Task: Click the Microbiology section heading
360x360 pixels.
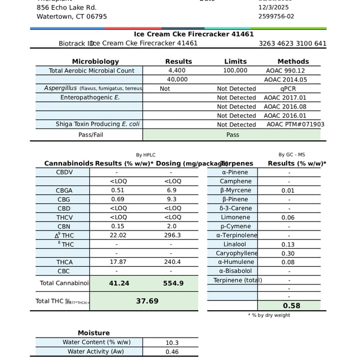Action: coord(95,61)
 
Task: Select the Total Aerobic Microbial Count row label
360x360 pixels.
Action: coord(92,70)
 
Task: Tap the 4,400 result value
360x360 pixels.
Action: coord(177,70)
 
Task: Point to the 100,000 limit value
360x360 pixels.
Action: coord(235,70)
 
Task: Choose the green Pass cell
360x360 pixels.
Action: coord(232,135)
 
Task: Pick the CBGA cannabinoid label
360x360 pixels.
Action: coord(64,191)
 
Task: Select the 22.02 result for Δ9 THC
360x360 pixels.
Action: coord(117,235)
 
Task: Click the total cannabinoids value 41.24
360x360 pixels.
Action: coord(119,283)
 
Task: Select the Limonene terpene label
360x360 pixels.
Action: coord(235,217)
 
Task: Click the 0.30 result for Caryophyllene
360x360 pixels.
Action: coord(288,253)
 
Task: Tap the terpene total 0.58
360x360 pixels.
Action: coord(291,306)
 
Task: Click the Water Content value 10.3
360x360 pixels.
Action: coord(172,343)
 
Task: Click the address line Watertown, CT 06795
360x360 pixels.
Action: coord(72,16)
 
